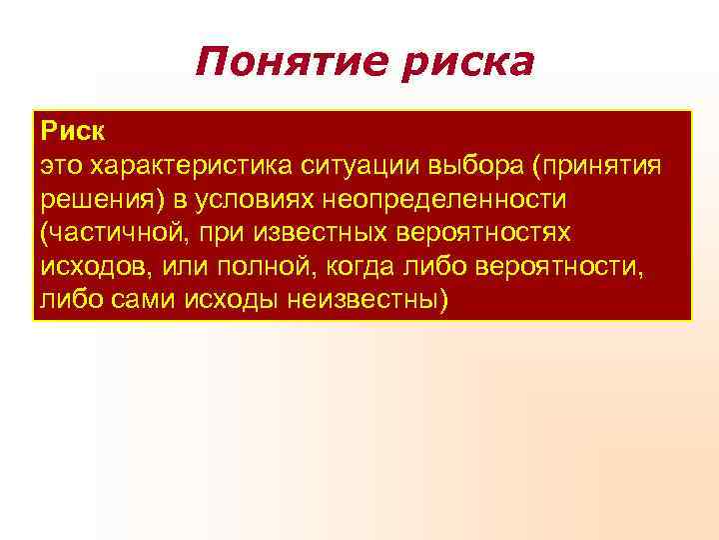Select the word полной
(x=243, y=267)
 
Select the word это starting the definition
(x=61, y=165)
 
